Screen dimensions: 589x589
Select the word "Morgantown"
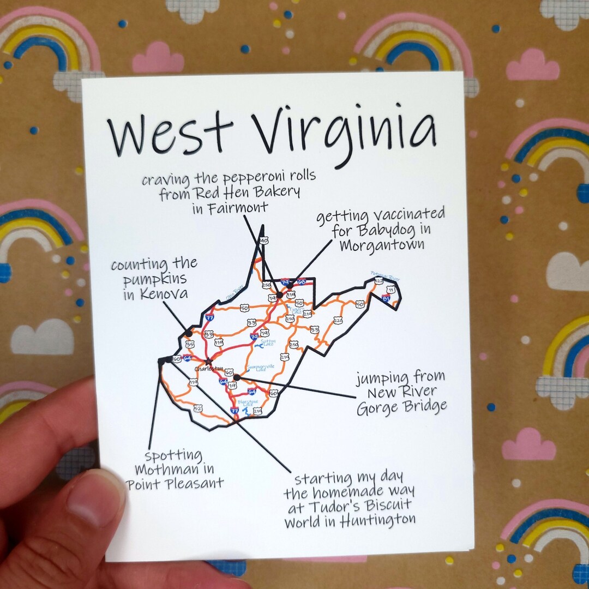point(381,245)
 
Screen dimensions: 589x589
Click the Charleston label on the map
point(206,369)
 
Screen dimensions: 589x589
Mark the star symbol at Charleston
point(208,361)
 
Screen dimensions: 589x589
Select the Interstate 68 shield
point(301,282)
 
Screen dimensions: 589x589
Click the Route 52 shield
point(197,408)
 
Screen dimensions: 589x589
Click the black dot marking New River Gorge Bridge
point(236,377)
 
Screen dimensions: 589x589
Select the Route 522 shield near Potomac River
point(378,281)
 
